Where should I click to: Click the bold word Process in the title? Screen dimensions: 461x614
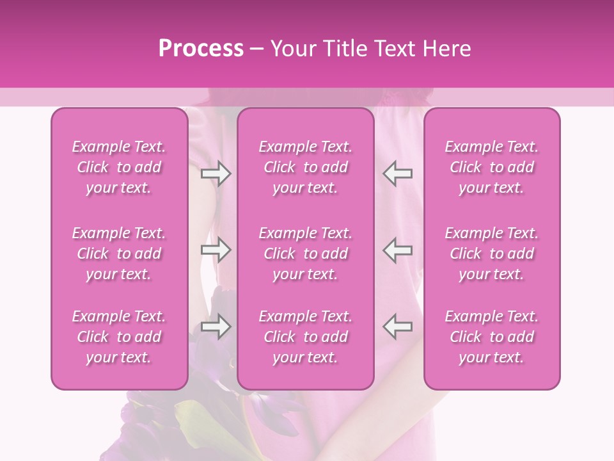tap(201, 49)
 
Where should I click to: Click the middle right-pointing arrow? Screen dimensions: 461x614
tap(216, 250)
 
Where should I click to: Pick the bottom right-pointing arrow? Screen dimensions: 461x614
tap(216, 327)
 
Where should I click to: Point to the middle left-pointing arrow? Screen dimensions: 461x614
tap(398, 250)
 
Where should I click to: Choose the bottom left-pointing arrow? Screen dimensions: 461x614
tap(398, 327)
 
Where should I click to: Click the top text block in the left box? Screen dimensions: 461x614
tap(119, 167)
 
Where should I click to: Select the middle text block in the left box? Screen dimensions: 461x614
tap(119, 254)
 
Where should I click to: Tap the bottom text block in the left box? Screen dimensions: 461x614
tap(119, 337)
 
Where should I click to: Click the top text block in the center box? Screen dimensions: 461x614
tap(306, 167)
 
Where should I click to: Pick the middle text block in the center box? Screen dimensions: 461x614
tap(306, 254)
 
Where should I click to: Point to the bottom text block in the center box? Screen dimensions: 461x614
tap(306, 337)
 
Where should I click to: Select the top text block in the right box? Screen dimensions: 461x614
tap(492, 167)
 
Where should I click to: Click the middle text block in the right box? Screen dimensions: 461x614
tap(492, 254)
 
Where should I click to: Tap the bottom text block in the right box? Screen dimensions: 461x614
tap(492, 337)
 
